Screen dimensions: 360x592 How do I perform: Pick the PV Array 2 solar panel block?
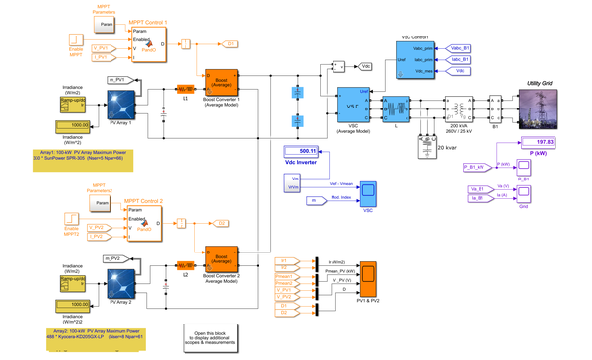(x=121, y=282)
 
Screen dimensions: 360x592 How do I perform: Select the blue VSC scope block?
(x=365, y=191)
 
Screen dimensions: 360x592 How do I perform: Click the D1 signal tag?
(x=229, y=44)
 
